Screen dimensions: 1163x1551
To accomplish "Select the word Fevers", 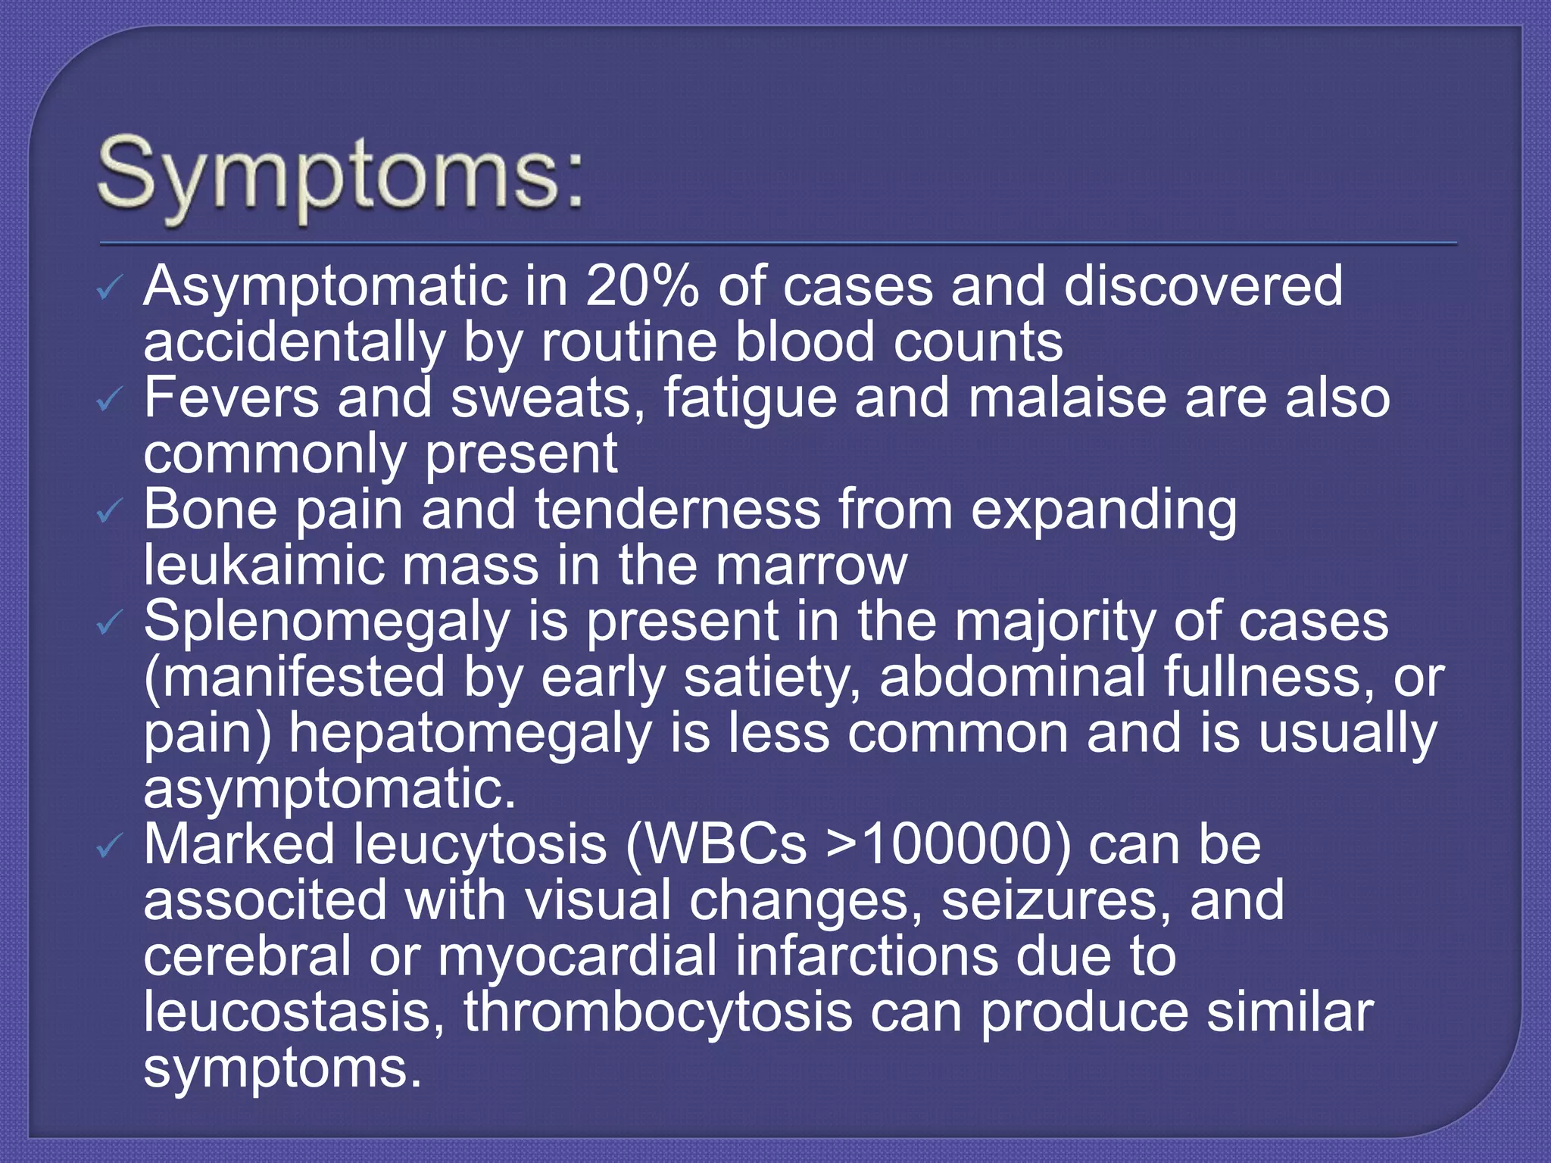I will (231, 398).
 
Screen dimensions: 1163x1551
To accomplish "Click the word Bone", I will (210, 510).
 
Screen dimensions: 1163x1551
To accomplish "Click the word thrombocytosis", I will (658, 1012).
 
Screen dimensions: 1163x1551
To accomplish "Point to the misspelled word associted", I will (265, 901).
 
